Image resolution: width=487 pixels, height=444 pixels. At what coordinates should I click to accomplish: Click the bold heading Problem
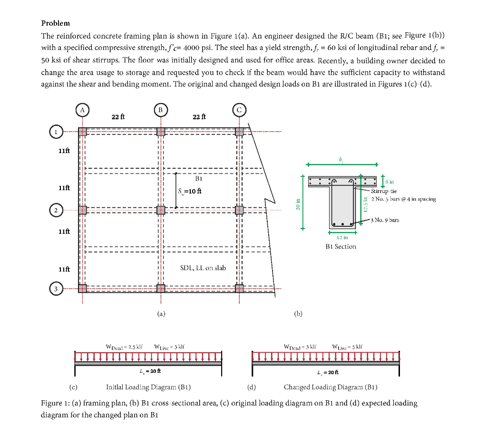coord(56,23)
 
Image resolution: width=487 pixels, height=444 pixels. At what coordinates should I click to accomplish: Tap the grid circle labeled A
coord(82,110)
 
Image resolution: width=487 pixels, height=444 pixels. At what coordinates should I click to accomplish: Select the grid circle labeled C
coord(239,110)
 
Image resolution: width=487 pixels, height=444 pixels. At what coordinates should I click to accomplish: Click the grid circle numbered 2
coord(56,210)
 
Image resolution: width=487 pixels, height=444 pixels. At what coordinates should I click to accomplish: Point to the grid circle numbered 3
coord(56,289)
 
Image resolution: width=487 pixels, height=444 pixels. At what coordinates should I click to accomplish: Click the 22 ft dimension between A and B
coord(118,117)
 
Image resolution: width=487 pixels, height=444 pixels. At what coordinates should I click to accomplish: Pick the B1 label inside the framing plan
coord(199,179)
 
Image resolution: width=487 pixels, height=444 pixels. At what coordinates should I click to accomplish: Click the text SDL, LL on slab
coord(203,268)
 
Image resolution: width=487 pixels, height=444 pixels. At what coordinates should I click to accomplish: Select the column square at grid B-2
coord(161,210)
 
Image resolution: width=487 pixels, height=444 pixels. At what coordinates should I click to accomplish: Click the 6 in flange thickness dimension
coord(389,182)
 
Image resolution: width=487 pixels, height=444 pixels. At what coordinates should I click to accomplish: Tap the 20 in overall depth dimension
coord(297,203)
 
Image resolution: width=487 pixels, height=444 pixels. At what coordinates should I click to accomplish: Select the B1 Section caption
coord(341,246)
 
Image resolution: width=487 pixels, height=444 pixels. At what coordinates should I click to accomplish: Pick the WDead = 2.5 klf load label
coord(126,347)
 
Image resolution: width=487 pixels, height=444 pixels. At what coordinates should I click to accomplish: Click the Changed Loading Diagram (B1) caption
coord(331,387)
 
